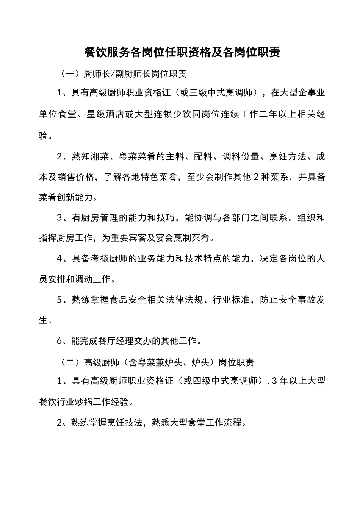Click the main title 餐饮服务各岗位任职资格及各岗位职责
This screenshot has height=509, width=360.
tap(182, 53)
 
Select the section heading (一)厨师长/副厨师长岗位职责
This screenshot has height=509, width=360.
tap(124, 74)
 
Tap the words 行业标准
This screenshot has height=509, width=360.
tap(232, 300)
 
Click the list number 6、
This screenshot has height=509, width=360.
tap(62, 341)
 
